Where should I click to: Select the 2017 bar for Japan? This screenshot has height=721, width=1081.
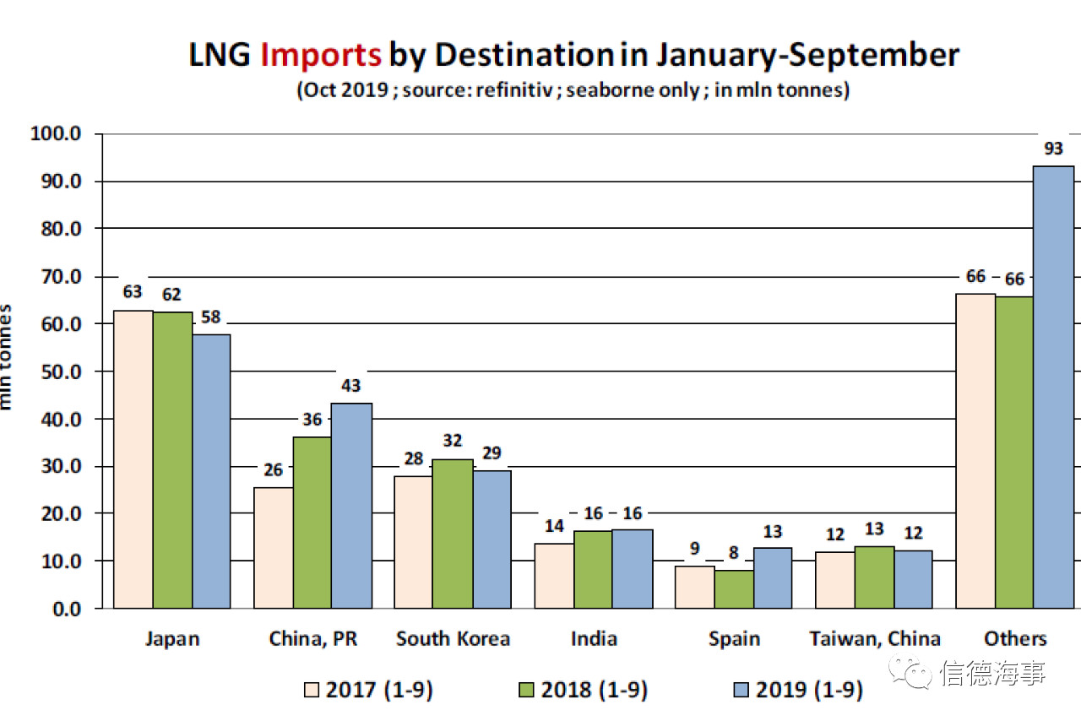pos(133,459)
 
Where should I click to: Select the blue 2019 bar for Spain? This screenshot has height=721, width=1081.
pos(773,577)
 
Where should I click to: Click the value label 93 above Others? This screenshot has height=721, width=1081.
pos(1053,149)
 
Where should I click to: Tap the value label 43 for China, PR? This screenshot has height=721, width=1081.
pos(350,386)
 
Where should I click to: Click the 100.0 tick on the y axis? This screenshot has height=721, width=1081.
pos(55,133)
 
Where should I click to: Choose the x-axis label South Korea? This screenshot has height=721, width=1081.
pos(453,638)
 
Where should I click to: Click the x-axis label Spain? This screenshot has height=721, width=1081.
pos(734,638)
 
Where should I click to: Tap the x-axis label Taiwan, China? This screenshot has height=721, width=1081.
pos(875,638)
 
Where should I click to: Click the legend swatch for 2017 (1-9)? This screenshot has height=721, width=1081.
pos(312,690)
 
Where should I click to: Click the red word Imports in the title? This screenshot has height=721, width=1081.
pos(321,55)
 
